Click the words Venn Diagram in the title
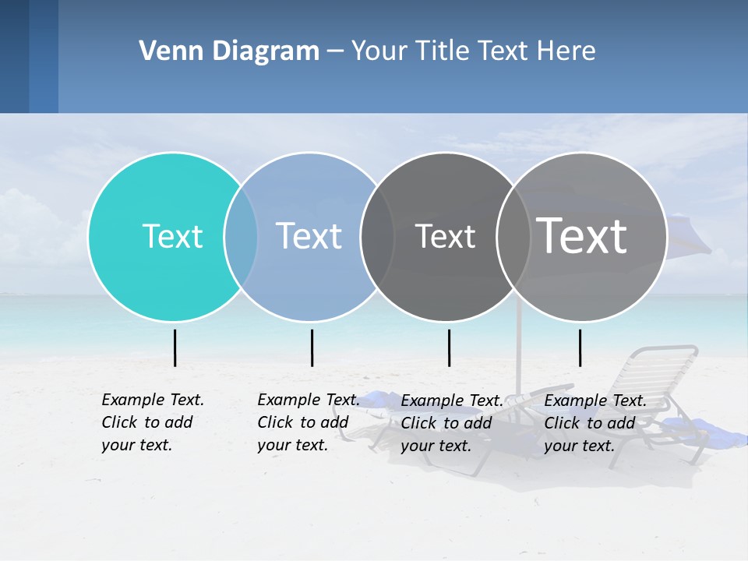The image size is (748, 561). [x=229, y=51]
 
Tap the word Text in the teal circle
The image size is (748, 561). [x=172, y=236]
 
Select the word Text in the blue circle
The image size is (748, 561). [x=309, y=236]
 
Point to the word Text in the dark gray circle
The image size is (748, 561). [x=445, y=236]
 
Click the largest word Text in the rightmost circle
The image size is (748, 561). [x=582, y=235]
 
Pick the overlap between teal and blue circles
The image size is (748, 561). [x=241, y=237]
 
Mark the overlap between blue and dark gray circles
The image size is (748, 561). [x=377, y=237]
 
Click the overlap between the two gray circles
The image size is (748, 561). [x=513, y=237]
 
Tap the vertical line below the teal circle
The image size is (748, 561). [x=175, y=348]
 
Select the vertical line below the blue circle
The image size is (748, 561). [x=312, y=348]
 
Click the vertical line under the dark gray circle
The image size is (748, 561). [x=449, y=348]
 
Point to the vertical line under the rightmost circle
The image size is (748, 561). [x=580, y=348]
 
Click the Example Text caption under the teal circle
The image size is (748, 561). [x=152, y=422]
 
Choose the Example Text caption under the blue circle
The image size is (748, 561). [x=308, y=422]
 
